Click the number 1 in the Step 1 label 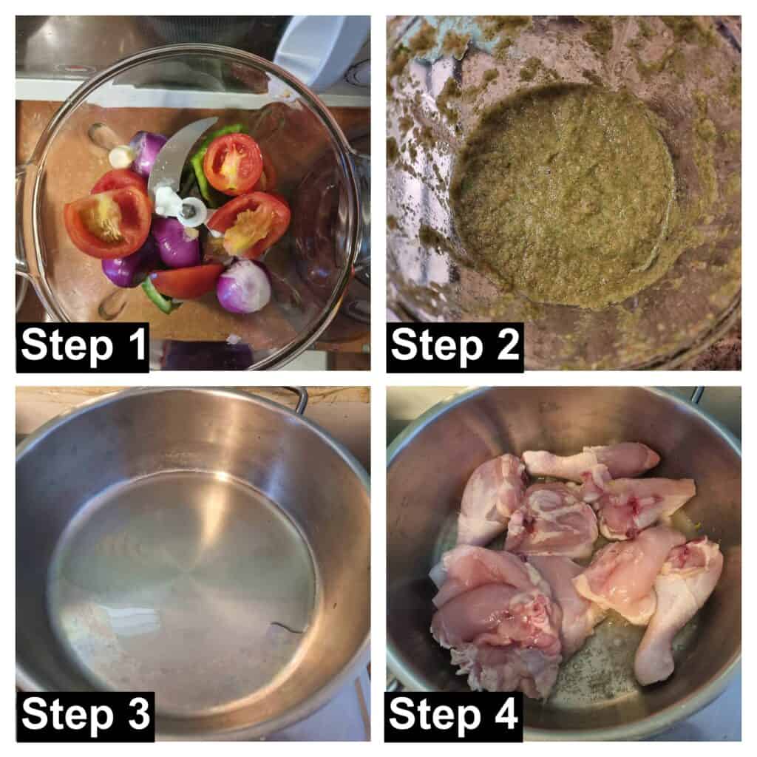(x=137, y=344)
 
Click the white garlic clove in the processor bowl (x=120, y=155)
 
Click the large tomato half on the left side (x=108, y=221)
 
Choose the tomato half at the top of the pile (x=233, y=164)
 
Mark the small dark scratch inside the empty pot (x=288, y=627)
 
